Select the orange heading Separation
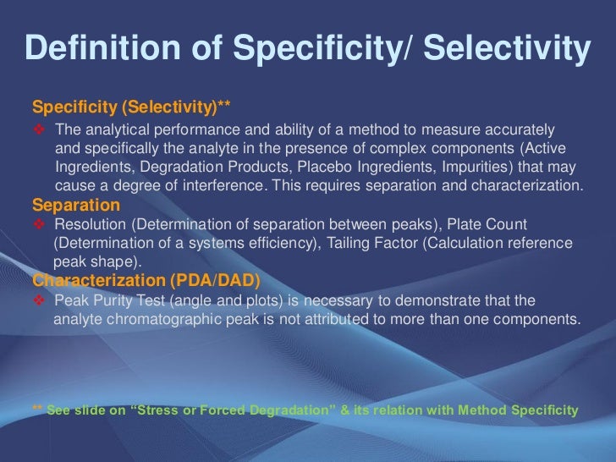[75, 205]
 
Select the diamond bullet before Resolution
[40, 224]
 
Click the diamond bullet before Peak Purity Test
[40, 301]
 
